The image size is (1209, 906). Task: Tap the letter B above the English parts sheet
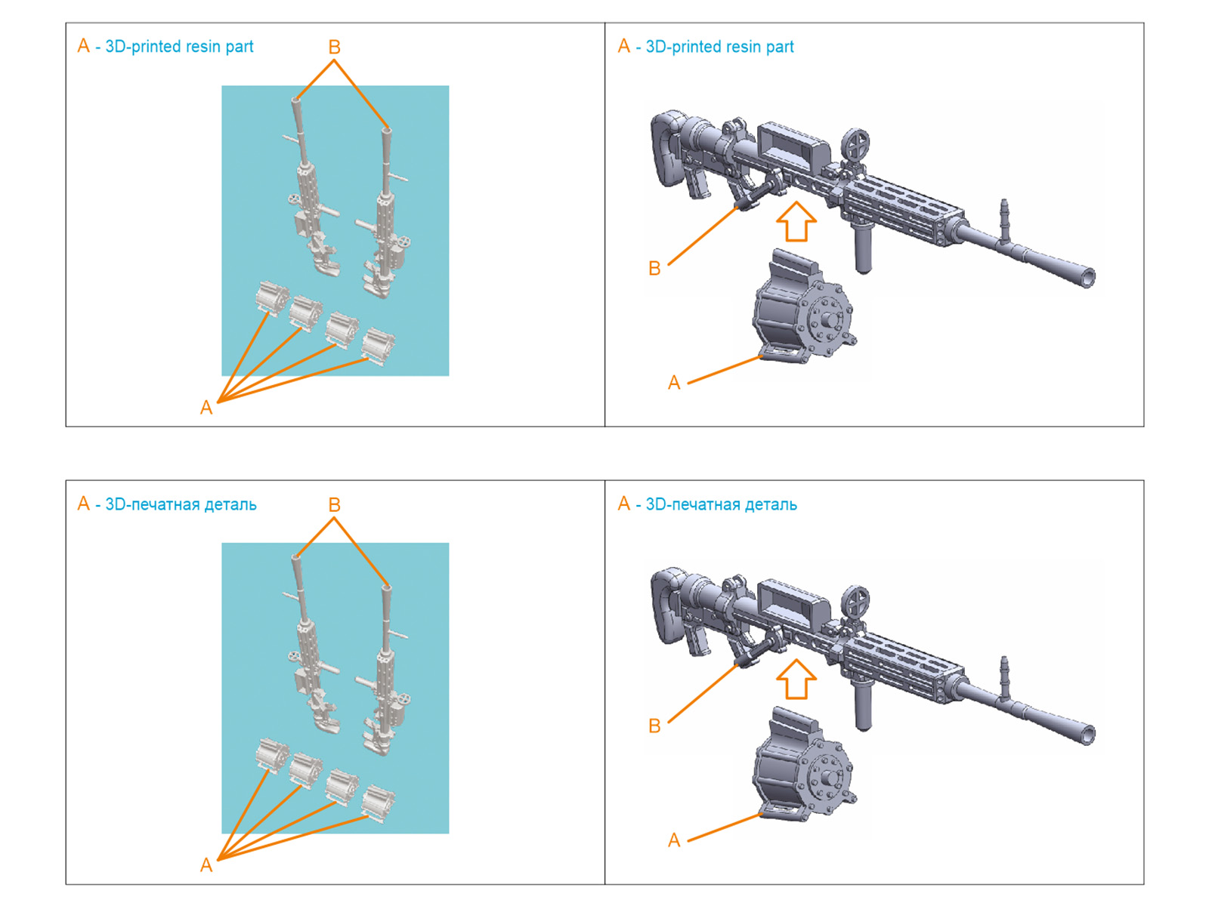tap(334, 48)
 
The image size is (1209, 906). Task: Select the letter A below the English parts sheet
tap(206, 408)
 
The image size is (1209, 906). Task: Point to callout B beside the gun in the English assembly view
tap(654, 268)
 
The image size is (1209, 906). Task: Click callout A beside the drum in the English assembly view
tap(674, 383)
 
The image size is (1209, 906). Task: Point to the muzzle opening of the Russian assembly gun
tap(1087, 735)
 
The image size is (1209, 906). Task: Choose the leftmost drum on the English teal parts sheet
tap(271, 297)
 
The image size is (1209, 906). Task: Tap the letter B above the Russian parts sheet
tap(334, 505)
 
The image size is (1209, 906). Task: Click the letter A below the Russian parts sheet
tap(206, 865)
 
